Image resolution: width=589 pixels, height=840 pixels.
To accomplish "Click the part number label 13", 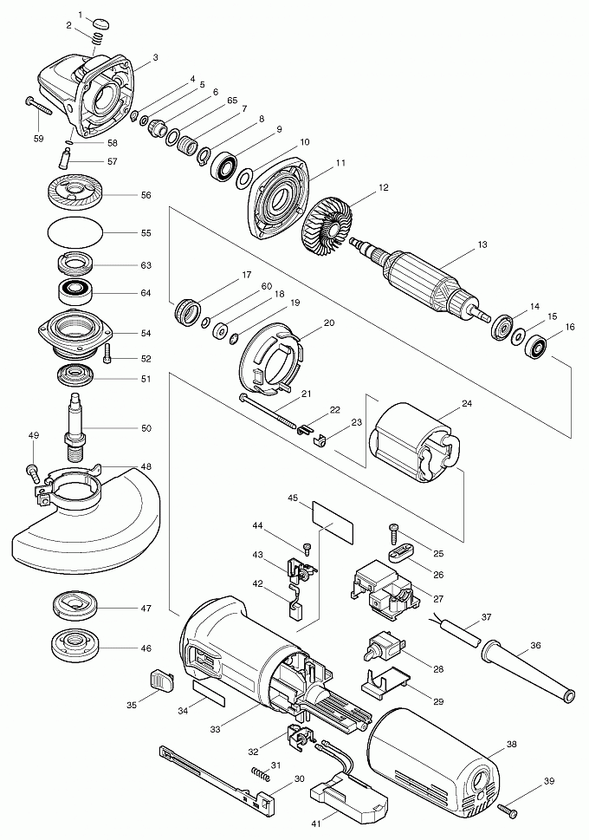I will tap(482, 245).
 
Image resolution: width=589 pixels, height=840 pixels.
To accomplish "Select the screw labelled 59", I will tap(38, 105).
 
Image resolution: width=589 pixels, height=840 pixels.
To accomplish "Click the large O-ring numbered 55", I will tap(74, 233).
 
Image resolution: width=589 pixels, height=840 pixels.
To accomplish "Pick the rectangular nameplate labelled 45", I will tap(333, 519).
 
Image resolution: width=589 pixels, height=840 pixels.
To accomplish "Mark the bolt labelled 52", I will tap(108, 354).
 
